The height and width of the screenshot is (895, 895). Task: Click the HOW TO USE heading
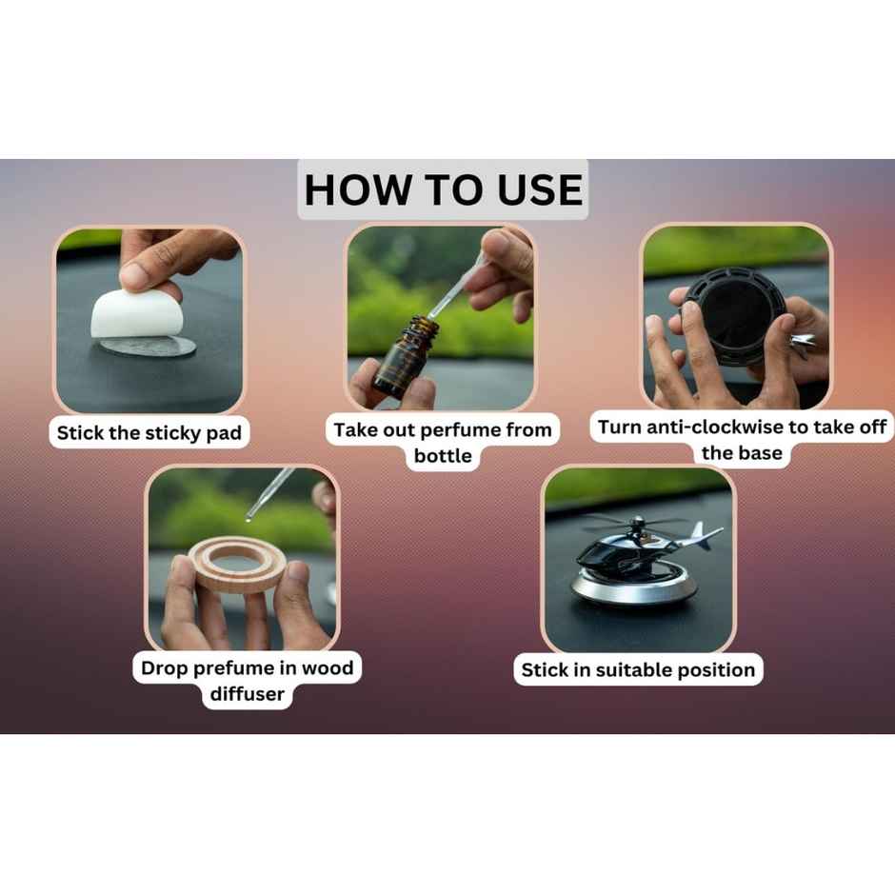pyautogui.click(x=443, y=189)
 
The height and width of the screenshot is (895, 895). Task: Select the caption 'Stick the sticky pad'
pyautogui.click(x=149, y=434)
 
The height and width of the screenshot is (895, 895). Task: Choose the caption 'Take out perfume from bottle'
pyautogui.click(x=443, y=443)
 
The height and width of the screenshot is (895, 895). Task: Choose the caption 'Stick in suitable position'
pyautogui.click(x=638, y=670)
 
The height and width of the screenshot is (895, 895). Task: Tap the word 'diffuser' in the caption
pyautogui.click(x=247, y=694)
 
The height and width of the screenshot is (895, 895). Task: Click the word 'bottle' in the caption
pyautogui.click(x=443, y=456)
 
